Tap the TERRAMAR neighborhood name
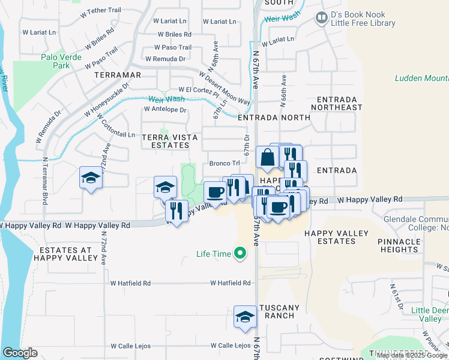tap(117, 75)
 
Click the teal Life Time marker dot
tap(240, 254)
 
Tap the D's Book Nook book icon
tap(322, 19)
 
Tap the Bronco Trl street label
tap(224, 163)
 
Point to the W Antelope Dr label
tap(165, 110)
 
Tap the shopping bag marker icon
tap(266, 158)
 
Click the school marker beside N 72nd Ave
tap(91, 178)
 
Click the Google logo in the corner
tap(20, 353)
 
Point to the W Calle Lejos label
tap(231, 346)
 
